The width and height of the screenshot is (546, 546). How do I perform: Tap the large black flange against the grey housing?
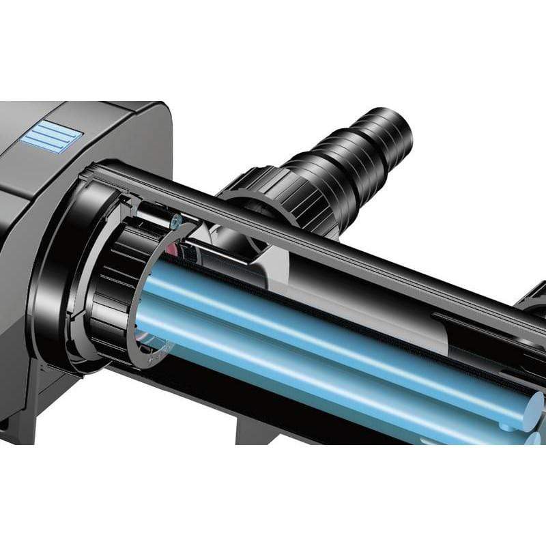65,273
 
